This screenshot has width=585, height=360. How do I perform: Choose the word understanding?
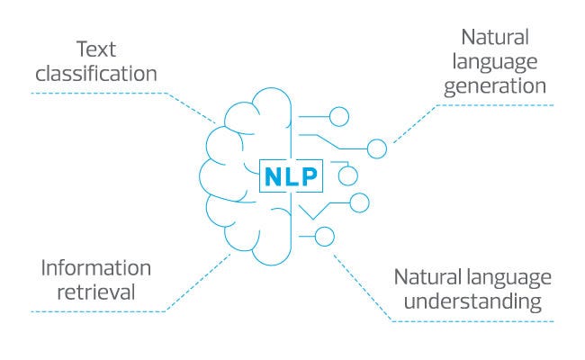tap(473, 300)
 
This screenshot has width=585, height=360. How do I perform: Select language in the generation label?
tap(503, 62)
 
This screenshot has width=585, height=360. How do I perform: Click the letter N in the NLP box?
tap(273, 176)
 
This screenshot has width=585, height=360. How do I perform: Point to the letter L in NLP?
tap(291, 176)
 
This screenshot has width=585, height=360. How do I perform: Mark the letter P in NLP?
tap(308, 176)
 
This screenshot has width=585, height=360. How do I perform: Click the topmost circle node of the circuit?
tap(339, 116)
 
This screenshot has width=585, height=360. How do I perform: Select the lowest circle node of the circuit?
tap(325, 237)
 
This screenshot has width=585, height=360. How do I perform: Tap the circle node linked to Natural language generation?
tap(377, 148)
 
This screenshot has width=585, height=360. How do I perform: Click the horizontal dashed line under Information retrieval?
tap(99, 311)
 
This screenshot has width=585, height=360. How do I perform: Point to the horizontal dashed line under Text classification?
tap(99, 92)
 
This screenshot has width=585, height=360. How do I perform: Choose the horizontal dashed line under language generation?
tap(495, 104)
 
